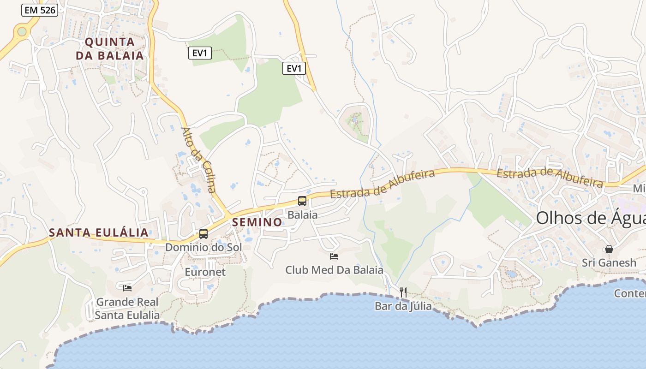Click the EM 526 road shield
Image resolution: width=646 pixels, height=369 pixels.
[39, 10]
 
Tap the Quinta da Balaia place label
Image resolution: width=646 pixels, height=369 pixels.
[110, 49]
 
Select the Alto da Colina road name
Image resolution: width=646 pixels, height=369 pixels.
[198, 159]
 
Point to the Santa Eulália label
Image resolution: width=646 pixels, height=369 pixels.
[99, 232]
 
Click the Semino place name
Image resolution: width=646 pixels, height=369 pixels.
[257, 222]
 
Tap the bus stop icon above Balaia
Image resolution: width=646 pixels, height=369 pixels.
[302, 201]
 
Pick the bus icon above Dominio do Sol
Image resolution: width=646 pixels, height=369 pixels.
[203, 234]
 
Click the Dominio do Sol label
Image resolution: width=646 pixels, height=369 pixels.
[203, 247]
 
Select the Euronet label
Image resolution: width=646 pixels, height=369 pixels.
[205, 272]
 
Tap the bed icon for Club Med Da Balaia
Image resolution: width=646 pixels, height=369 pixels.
[334, 256]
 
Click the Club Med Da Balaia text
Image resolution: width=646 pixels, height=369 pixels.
[334, 270]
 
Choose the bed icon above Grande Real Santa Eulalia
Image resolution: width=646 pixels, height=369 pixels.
[127, 288]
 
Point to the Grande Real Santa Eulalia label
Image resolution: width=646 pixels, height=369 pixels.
[127, 309]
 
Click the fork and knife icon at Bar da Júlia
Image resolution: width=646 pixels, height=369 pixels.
[403, 292]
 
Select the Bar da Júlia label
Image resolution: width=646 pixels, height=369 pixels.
[403, 306]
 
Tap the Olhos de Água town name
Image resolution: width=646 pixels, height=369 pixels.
[590, 218]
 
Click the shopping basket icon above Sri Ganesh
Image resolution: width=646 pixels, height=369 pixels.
[609, 250]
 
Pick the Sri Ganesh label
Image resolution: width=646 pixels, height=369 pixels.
[609, 263]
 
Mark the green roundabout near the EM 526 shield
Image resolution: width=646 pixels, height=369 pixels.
[21, 32]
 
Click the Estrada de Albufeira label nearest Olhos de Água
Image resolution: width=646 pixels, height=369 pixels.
[550, 178]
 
